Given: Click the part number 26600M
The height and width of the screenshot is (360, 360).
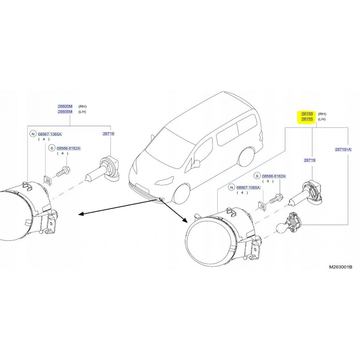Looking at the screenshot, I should pos(65,106).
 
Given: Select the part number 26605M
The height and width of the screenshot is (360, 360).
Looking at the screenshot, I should pos(65,112).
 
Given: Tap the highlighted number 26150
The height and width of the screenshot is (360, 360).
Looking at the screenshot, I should pos(307,115).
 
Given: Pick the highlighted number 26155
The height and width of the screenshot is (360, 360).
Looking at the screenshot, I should pos(307,120).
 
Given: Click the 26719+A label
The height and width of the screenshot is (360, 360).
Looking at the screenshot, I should pos(343,149).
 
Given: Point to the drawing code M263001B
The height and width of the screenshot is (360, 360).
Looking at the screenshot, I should pos(340,267).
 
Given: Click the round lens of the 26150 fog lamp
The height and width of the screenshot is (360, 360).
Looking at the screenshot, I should pos(210,238).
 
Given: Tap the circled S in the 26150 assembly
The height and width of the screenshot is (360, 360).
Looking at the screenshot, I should pos(257,176).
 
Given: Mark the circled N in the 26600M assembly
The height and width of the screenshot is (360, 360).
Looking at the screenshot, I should pos(32,134).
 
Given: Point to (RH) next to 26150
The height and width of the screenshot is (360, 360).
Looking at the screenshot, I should pos(322,115).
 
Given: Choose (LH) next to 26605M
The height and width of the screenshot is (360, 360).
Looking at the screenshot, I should pos(82,112).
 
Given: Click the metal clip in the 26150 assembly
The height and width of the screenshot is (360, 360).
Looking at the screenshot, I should pos(261,205).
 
